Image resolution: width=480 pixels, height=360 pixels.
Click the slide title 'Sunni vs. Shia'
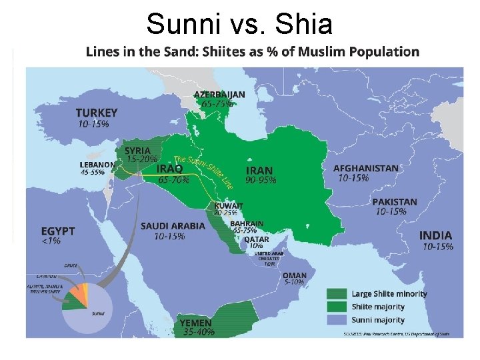click(x=239, y=24)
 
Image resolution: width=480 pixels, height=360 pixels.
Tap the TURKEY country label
click(x=97, y=113)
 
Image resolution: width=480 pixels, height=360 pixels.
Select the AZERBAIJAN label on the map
click(x=219, y=95)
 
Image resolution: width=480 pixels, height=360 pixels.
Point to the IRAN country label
click(x=259, y=170)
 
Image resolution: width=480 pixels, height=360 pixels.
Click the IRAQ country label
click(x=170, y=169)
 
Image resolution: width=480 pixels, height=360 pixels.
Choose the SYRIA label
click(x=138, y=151)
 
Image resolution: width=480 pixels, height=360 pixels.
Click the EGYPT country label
click(x=58, y=231)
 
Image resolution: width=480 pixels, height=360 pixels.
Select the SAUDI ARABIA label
click(x=173, y=226)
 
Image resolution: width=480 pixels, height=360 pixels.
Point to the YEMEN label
click(x=196, y=323)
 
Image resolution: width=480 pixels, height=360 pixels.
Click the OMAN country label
click(x=295, y=275)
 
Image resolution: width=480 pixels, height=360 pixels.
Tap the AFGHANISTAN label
click(x=366, y=169)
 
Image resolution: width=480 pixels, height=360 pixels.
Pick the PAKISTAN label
click(x=395, y=202)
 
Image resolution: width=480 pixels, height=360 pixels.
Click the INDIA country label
click(x=435, y=235)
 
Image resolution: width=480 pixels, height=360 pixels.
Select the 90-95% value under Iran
click(x=261, y=180)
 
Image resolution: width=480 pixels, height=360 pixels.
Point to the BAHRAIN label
click(x=247, y=224)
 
